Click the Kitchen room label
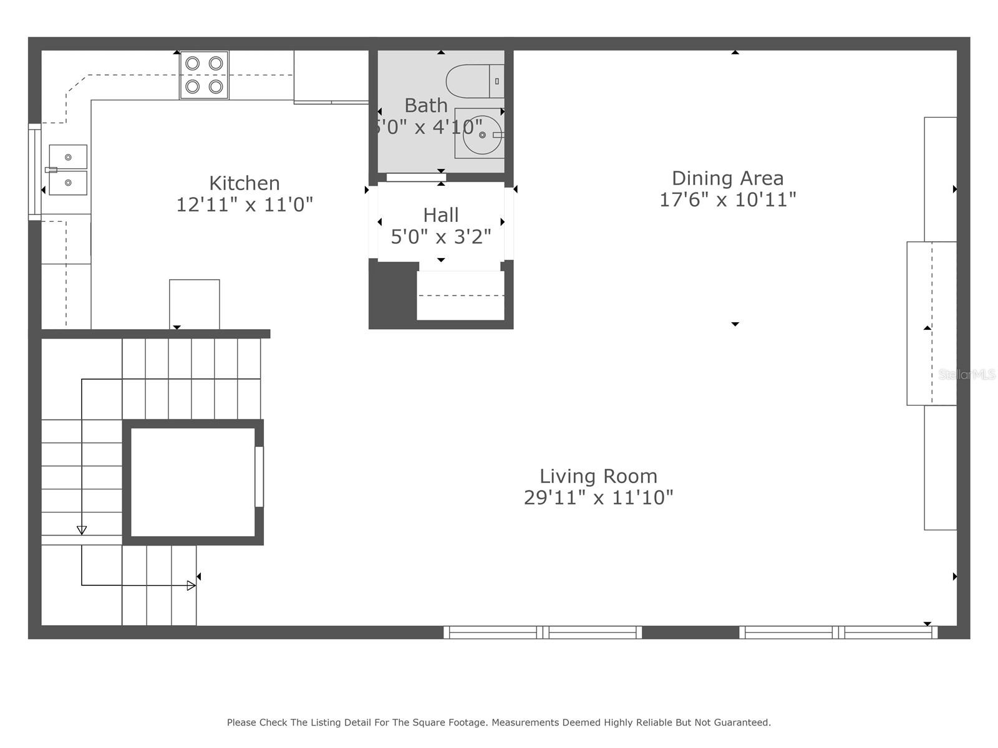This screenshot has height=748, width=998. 244,183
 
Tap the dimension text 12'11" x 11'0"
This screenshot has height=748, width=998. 244,204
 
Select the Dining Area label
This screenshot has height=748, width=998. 727,178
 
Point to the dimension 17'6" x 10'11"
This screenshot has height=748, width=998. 727,199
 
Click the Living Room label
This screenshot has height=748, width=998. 598,476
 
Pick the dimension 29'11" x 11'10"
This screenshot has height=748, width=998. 598,497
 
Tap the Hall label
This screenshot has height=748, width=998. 440,215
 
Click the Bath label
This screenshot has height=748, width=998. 426,105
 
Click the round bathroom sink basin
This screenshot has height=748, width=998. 482,135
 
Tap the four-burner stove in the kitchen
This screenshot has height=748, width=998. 204,75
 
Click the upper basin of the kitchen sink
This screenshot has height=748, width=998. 68,157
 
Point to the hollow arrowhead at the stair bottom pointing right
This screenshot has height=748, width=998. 191,585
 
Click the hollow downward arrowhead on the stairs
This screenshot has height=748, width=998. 82,530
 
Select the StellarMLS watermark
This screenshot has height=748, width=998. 966,375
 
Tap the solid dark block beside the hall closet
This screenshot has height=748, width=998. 392,293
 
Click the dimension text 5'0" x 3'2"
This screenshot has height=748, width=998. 440,237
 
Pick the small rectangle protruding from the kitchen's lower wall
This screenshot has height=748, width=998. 194,304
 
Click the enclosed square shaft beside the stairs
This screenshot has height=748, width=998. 193,482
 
